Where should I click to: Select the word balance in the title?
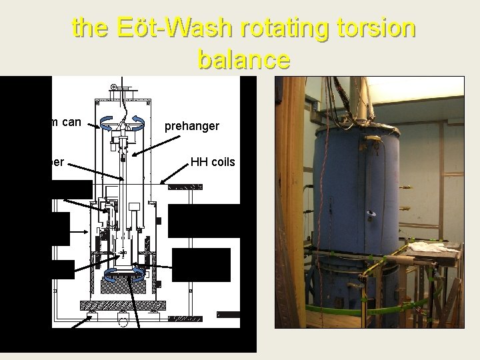click(243, 59)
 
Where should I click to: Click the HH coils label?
click(213, 161)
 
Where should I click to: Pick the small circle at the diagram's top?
click(114, 87)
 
